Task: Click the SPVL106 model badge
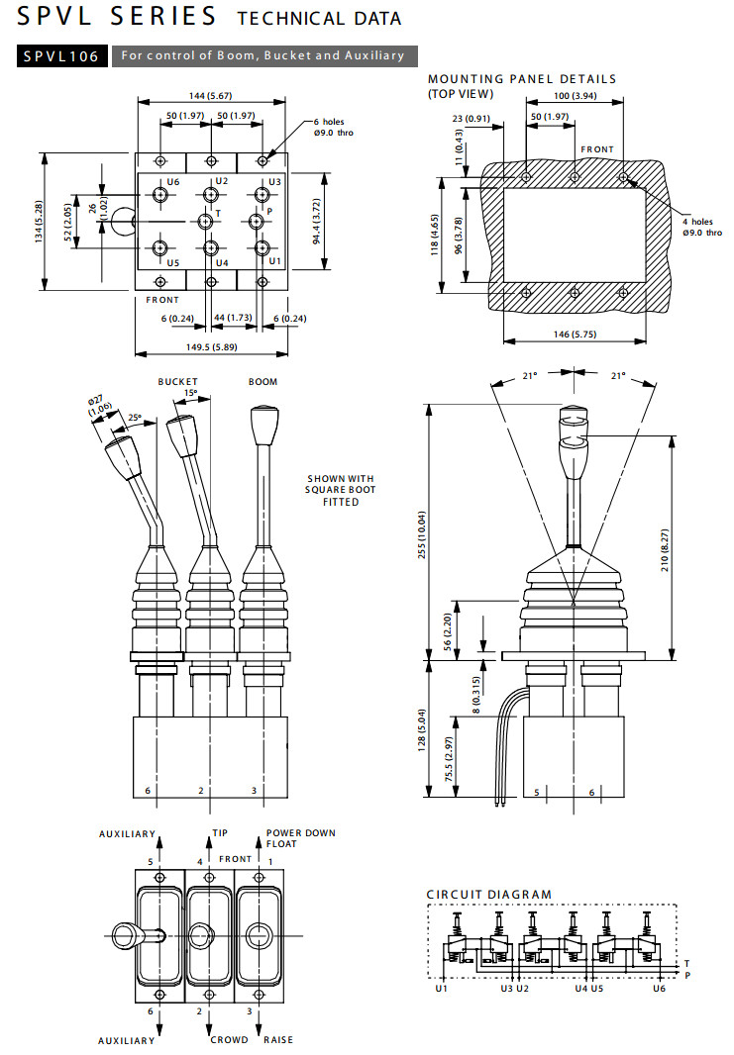pos(61,56)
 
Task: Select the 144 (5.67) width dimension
pos(209,95)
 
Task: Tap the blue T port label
pos(218,213)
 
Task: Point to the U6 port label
pos(173,182)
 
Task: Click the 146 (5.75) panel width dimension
pos(575,336)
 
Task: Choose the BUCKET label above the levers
pos(178,381)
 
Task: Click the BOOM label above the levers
pos(262,381)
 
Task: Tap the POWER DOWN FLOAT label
pos(300,838)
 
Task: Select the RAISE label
pos(278,1040)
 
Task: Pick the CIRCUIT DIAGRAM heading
pos(488,895)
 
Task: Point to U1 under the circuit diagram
pos(441,989)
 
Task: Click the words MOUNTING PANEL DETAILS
pos(521,79)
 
